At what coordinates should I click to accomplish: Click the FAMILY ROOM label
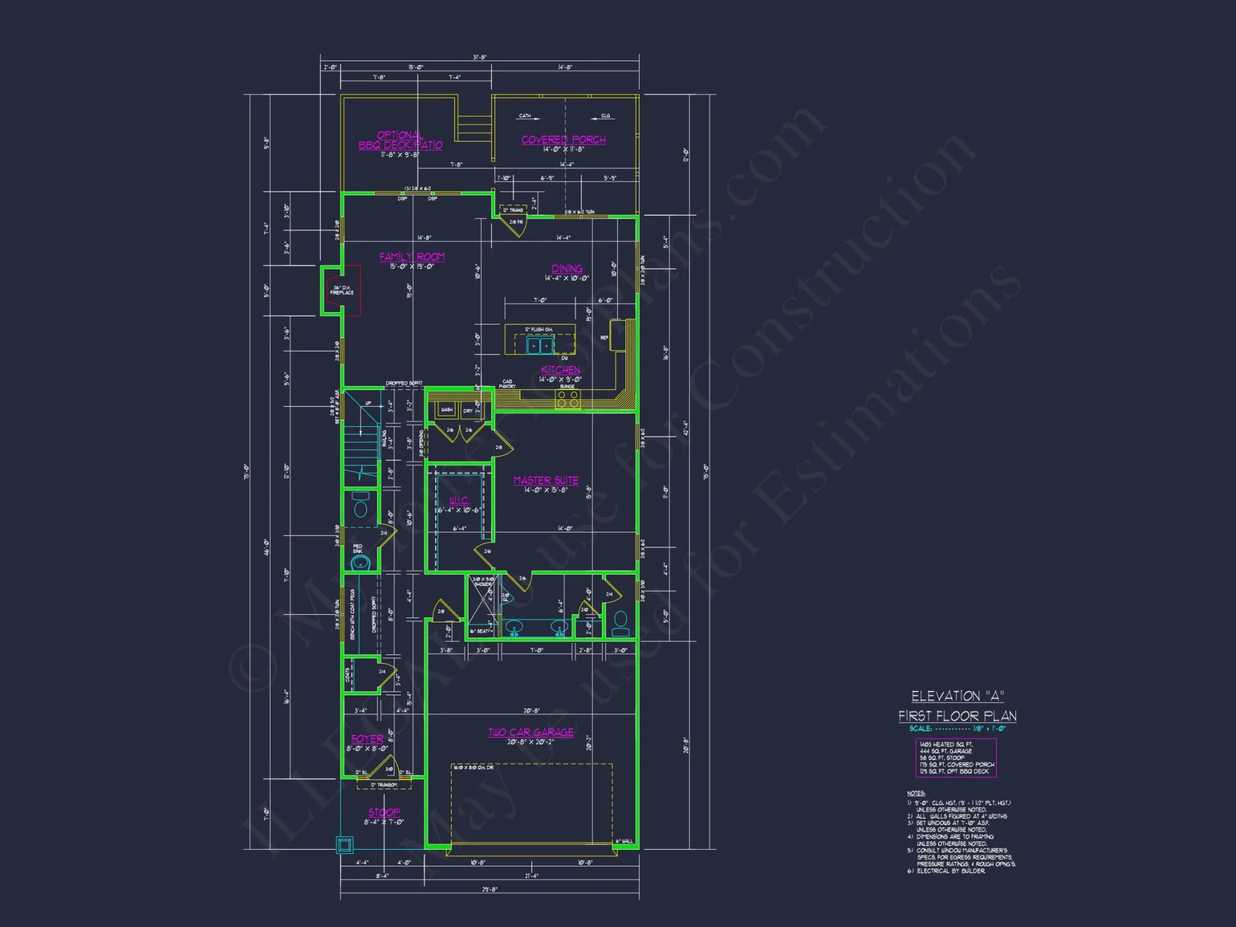pyautogui.click(x=412, y=256)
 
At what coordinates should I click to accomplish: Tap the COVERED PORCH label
pyautogui.click(x=563, y=140)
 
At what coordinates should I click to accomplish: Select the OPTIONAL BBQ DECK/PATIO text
pyautogui.click(x=400, y=140)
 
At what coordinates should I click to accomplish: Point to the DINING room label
pyautogui.click(x=567, y=269)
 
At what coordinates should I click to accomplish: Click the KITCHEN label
pyautogui.click(x=561, y=370)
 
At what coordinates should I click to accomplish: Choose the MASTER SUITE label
pyautogui.click(x=546, y=481)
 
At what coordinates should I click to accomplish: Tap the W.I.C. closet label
pyautogui.click(x=459, y=501)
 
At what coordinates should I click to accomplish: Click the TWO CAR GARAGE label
pyautogui.click(x=531, y=732)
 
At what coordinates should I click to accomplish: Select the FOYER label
pyautogui.click(x=367, y=739)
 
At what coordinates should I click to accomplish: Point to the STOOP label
pyautogui.click(x=384, y=813)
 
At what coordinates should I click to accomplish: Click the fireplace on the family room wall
pyautogui.click(x=342, y=290)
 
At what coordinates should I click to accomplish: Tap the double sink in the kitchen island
pyautogui.click(x=540, y=345)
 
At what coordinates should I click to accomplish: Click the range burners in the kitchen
pyautogui.click(x=567, y=399)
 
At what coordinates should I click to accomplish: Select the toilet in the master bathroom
pyautogui.click(x=620, y=623)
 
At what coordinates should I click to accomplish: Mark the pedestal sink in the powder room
pyautogui.click(x=360, y=562)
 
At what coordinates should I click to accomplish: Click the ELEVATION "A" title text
pyautogui.click(x=957, y=696)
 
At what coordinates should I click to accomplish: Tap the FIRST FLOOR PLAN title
pyautogui.click(x=957, y=716)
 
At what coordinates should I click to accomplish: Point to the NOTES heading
pyautogui.click(x=916, y=794)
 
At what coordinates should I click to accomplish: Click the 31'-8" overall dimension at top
pyautogui.click(x=480, y=57)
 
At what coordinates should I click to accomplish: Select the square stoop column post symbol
pyautogui.click(x=344, y=844)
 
